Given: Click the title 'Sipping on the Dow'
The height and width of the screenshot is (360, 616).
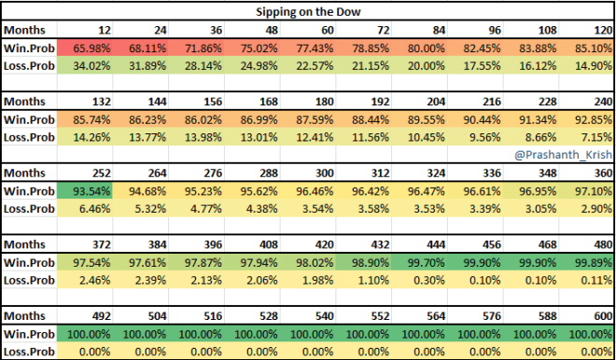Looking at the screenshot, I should pos(307,11).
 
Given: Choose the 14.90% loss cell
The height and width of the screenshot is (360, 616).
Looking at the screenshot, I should pos(588,65).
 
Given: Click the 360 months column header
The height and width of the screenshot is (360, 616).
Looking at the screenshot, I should pos(595,173).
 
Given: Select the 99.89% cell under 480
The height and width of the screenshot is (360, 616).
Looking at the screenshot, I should pos(588,263).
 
